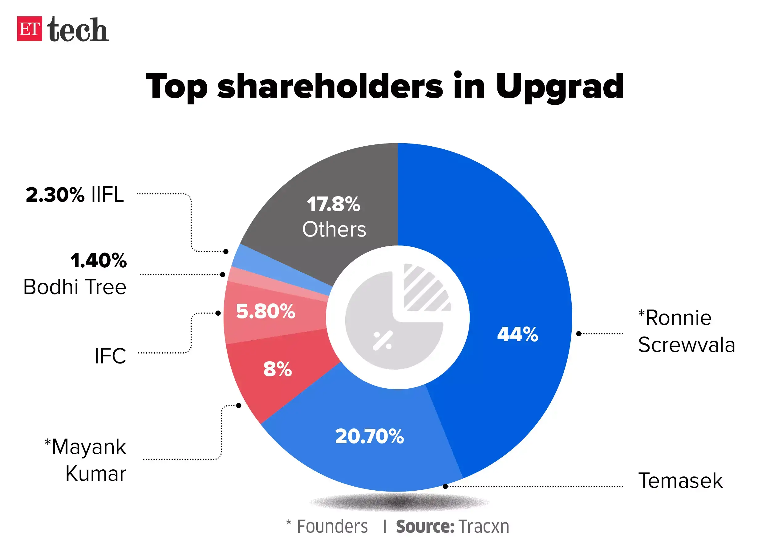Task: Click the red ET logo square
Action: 30,29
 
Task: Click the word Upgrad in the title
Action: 560,87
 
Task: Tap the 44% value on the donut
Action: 517,334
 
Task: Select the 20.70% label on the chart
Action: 369,436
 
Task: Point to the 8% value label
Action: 278,369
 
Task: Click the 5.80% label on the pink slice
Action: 265,312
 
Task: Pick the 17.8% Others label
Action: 334,217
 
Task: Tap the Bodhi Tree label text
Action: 75,287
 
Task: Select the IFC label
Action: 110,356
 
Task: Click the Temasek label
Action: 680,481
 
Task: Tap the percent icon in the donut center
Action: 383,340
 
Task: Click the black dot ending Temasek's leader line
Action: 445,486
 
